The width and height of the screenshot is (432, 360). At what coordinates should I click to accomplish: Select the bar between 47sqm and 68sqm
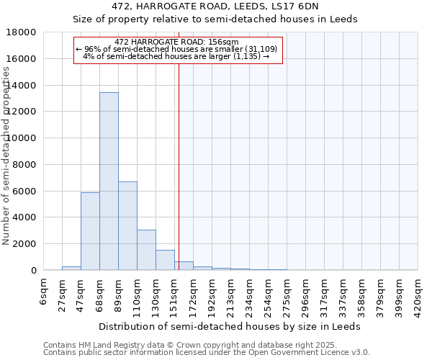coord(90,231)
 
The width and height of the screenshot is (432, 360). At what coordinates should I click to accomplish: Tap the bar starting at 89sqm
coord(127,225)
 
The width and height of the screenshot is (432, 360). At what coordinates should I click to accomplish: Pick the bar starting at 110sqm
coord(146,250)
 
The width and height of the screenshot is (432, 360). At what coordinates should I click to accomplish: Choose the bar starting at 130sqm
coord(165,260)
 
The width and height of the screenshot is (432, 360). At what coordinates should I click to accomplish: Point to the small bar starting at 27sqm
coord(71,268)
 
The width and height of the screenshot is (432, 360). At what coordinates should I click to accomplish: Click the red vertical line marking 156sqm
coord(179,158)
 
